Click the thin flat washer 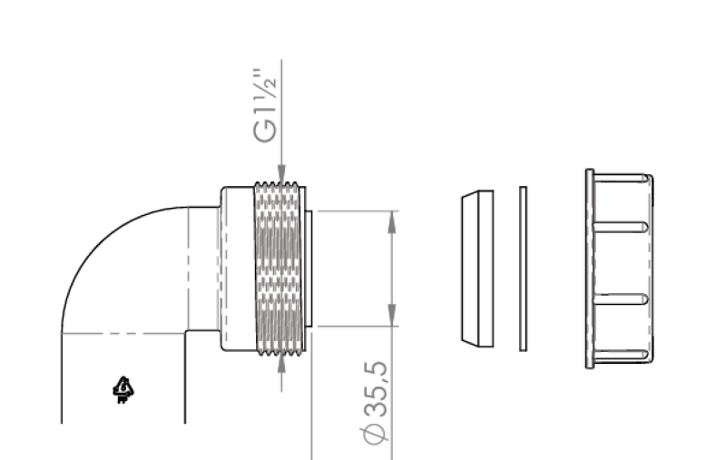pos(523,269)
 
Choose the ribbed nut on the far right pos(621,269)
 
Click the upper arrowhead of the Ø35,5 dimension pos(393,220)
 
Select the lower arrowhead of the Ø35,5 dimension pos(393,317)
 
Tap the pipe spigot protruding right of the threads pos(309,269)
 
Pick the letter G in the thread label pos(262,134)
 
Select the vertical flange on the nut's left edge pos(590,269)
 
